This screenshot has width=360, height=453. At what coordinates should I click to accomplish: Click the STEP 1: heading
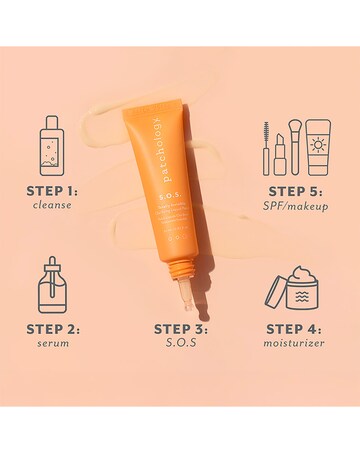click(x=52, y=191)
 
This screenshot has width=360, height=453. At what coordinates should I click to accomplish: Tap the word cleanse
click(x=52, y=206)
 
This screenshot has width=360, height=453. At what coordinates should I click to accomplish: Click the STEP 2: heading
click(x=52, y=327)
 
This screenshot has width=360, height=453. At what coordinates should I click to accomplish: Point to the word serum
click(x=52, y=343)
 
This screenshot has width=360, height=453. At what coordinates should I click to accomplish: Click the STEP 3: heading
click(x=180, y=327)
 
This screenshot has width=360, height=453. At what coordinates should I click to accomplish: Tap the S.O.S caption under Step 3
click(x=180, y=343)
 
